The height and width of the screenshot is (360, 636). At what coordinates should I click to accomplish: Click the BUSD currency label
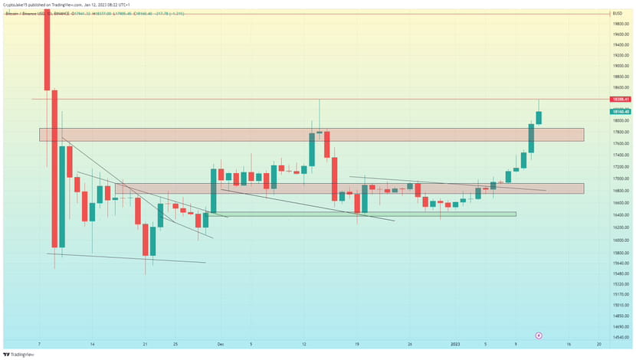coord(617,14)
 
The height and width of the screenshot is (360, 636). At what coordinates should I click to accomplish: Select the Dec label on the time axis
coord(219,345)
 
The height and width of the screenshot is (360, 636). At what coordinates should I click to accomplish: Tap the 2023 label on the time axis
coord(455,345)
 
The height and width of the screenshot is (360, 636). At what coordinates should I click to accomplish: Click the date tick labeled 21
coord(144,345)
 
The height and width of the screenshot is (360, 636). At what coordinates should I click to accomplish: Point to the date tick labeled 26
coord(410,345)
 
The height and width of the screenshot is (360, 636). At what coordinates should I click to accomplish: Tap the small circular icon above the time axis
coord(539,335)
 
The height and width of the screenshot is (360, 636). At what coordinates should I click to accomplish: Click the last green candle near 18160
coord(539,117)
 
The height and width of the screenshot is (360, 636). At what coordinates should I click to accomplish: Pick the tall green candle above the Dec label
coord(214,191)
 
